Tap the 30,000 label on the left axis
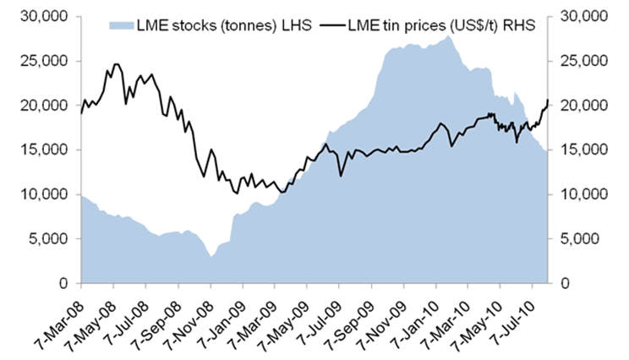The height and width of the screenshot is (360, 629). [52, 17]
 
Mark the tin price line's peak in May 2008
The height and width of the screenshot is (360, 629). [116, 63]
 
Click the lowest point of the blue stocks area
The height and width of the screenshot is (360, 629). [211, 256]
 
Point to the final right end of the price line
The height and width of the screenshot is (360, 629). [547, 101]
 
